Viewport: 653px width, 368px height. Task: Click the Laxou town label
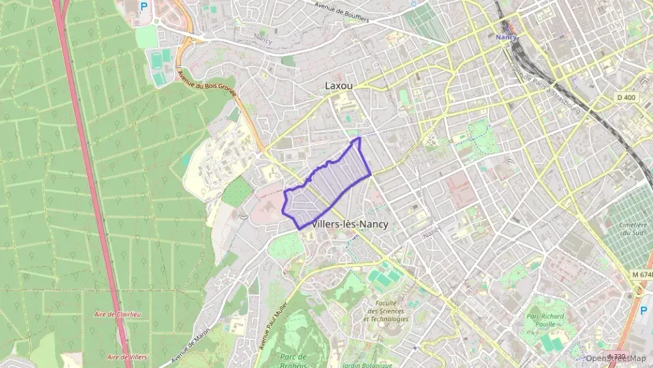(339, 85)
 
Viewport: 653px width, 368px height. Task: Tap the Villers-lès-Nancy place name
(351, 224)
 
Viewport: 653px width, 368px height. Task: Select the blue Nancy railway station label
(506, 36)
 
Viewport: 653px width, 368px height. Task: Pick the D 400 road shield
(626, 97)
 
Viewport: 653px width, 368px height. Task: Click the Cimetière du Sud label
(633, 230)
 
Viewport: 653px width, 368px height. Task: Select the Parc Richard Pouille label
(548, 319)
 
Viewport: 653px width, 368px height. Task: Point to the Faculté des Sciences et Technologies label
(386, 311)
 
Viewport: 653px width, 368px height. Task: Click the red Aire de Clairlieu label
(117, 315)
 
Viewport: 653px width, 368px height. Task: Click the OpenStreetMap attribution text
(616, 358)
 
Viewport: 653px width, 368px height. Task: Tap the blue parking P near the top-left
(144, 6)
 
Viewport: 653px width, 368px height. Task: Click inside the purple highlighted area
(328, 185)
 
